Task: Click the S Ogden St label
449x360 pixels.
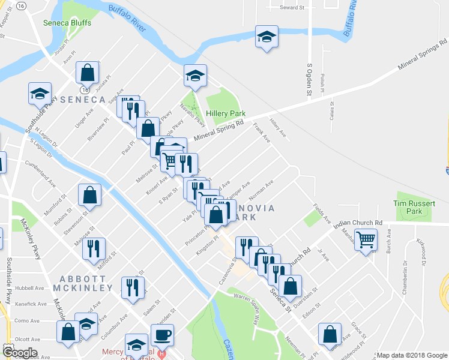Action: tap(310, 79)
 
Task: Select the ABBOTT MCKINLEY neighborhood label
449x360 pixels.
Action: tap(86, 283)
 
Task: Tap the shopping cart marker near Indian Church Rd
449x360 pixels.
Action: tap(365, 240)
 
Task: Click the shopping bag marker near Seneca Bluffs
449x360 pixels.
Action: tap(88, 73)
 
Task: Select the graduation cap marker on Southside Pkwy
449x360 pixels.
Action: tap(40, 94)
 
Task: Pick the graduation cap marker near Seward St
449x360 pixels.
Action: tap(266, 37)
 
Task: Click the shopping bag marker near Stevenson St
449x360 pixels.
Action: tap(89, 194)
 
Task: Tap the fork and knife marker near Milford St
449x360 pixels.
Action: tap(94, 248)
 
